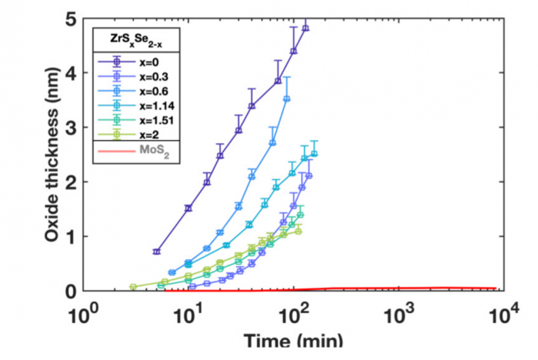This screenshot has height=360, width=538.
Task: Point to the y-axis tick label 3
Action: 70,127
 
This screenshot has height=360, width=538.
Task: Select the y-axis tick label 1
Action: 70,236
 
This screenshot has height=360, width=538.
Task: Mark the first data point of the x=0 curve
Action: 157,252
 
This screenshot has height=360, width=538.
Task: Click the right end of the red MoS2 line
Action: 495,288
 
